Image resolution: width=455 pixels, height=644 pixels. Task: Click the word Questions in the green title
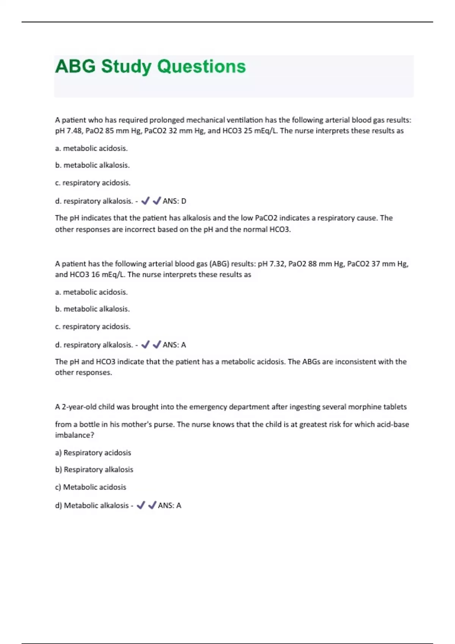201,67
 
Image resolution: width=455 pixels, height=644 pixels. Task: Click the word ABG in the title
75,67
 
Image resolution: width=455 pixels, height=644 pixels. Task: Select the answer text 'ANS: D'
174,201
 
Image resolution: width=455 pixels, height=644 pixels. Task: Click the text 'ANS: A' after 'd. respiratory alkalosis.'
174,345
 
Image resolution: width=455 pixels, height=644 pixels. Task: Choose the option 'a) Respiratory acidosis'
93,453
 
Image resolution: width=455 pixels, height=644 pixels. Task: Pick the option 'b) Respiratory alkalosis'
94,470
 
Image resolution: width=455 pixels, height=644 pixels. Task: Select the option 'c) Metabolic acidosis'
91,487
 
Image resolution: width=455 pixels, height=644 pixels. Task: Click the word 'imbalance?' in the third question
74,435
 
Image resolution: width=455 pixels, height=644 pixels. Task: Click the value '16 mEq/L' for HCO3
108,275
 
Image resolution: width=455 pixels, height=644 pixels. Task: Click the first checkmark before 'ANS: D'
145,201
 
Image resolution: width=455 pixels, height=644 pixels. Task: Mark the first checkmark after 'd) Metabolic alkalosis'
141,505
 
